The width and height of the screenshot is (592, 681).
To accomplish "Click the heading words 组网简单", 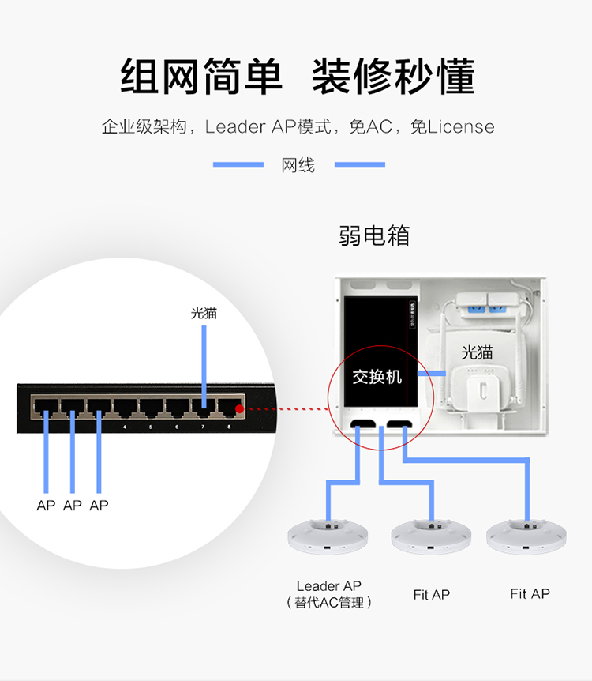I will click(x=200, y=77).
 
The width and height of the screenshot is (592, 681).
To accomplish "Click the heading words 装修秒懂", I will click(x=392, y=77).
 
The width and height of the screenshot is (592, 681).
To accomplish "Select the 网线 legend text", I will click(x=298, y=165).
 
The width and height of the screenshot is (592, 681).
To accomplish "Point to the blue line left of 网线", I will click(x=238, y=165).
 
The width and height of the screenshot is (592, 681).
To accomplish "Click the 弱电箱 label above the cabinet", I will click(x=374, y=235).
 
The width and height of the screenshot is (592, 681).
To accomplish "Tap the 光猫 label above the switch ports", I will click(x=204, y=313).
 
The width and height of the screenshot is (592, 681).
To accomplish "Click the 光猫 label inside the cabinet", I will click(x=477, y=352).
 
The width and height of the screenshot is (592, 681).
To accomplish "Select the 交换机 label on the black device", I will click(x=377, y=377).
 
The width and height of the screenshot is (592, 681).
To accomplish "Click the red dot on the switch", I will click(x=240, y=409).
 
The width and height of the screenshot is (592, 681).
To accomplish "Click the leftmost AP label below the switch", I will click(x=46, y=506).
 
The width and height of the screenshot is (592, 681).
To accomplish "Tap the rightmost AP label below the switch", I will click(x=99, y=506).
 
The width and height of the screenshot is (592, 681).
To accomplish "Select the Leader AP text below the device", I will click(x=328, y=586).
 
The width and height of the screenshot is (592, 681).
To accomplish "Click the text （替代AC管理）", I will click(x=328, y=603).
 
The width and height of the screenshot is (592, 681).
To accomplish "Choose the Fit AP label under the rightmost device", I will click(x=530, y=594).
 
